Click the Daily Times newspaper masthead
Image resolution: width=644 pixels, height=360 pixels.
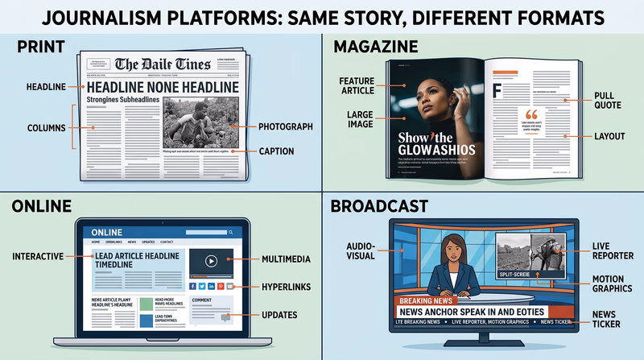pos(163,64)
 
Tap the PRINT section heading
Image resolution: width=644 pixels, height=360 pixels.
pos(41,48)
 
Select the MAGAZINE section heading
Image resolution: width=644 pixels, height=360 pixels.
pos(375,48)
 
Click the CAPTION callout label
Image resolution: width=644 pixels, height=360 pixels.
pos(276,151)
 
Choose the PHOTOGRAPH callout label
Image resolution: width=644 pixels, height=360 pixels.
pos(287,126)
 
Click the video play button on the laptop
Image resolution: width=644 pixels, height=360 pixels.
pos(211,261)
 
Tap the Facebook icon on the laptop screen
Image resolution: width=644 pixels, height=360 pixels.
pos(192,286)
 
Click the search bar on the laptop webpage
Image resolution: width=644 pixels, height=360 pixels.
pos(209,232)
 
